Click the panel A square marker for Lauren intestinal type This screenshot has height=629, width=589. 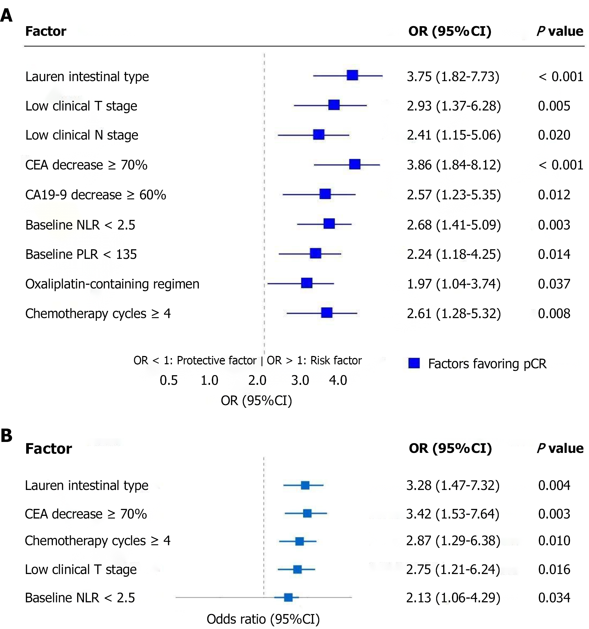pos(352,75)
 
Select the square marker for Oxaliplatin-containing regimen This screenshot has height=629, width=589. pos(307,283)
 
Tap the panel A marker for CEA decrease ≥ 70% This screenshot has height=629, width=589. pos(355,164)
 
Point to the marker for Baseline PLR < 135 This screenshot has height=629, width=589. pos(315,253)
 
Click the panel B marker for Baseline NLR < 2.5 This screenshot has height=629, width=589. pos(288,597)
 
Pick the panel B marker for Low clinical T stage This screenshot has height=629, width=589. pos(297,569)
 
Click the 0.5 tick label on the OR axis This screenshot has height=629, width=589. pos(169,380)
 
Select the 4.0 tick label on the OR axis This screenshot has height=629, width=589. pos(338,380)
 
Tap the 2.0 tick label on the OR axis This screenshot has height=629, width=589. pos(257,380)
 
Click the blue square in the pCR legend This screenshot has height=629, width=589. pos(414,363)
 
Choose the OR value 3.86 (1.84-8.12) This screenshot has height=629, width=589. pos(454,165)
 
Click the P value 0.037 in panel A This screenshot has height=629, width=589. pos(554,284)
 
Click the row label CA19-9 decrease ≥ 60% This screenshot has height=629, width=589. pos(95,195)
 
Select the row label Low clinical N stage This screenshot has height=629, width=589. pos(82,135)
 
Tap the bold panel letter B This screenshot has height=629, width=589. pos(7,436)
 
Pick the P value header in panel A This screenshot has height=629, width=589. pos(560,31)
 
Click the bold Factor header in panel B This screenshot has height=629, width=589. pos(48,449)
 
